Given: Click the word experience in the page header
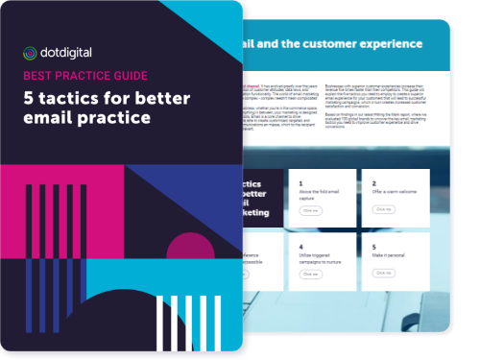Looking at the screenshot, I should (383, 44).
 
